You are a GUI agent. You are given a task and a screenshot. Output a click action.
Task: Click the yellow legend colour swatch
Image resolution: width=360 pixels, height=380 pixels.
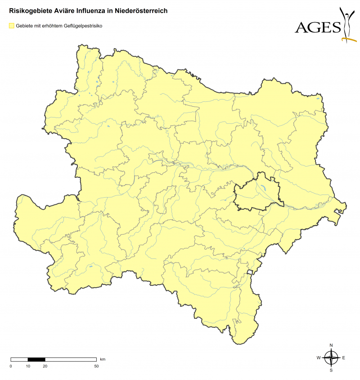point(12,26)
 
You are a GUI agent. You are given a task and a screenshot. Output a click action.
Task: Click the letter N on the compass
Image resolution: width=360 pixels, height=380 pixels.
point(332,345)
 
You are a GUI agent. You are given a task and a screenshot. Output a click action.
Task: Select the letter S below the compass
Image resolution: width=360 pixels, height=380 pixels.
point(332,370)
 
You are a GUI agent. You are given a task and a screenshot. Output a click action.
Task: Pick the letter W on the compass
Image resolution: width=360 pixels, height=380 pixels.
point(319,358)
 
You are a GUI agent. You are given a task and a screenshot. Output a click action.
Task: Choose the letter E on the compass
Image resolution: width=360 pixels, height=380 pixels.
point(344,358)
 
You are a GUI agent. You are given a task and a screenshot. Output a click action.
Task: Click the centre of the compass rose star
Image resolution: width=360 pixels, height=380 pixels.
point(332,358)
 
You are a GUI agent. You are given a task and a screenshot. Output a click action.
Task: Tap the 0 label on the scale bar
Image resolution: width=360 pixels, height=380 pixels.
point(11,366)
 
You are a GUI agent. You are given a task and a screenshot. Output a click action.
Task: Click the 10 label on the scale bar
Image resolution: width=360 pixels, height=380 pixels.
point(28,366)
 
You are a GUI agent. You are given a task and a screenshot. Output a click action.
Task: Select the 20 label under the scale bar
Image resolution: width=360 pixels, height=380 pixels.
point(45,366)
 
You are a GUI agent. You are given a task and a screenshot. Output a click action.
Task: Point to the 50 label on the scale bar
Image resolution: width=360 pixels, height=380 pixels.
point(96,366)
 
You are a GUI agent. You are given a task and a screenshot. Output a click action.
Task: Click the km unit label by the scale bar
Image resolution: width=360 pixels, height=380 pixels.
point(103,359)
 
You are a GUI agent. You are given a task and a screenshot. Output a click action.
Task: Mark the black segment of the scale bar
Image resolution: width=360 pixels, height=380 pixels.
point(36,359)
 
